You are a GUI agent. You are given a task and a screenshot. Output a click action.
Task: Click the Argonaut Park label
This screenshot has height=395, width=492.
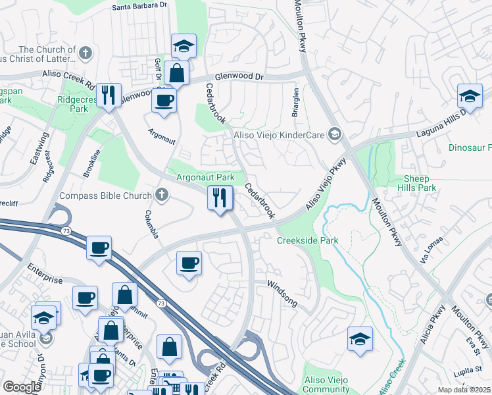205,178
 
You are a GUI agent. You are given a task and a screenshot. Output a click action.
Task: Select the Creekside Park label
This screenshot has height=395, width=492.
307,240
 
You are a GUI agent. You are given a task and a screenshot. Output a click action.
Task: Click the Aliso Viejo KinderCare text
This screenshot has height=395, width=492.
280,134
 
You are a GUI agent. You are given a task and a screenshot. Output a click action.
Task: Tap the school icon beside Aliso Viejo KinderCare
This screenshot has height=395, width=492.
335,134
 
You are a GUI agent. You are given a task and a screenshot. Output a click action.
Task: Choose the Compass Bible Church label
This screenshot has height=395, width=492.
106,195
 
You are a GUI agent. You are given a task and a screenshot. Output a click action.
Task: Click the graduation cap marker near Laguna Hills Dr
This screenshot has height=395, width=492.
470,97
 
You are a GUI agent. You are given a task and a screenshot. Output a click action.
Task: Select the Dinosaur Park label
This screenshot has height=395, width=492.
470,148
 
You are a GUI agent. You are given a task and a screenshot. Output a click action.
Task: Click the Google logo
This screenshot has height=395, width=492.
22,386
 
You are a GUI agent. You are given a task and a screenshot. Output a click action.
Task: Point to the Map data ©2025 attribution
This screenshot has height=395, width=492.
464,390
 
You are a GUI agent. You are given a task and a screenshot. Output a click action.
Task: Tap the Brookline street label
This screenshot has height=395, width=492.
92,163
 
